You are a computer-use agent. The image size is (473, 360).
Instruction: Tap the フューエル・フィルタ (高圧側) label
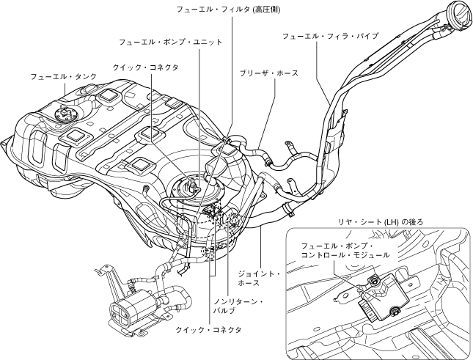(x=228, y=10)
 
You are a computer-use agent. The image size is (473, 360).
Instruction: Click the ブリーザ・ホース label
(x=269, y=74)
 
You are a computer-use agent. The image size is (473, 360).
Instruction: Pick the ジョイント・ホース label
(x=259, y=279)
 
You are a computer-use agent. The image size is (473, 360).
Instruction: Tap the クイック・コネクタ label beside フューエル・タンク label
(x=145, y=67)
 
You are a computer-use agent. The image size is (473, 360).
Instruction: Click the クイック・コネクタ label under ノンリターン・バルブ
(x=208, y=330)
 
